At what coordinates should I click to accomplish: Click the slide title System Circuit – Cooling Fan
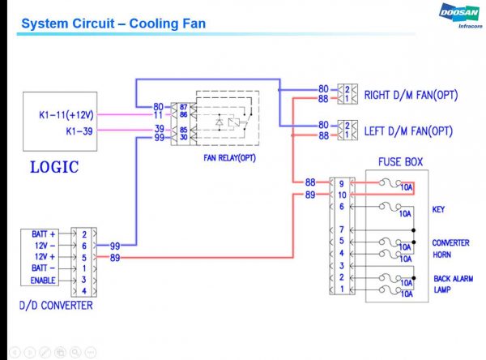pos(113,24)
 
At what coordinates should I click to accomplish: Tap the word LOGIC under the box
pos(54,168)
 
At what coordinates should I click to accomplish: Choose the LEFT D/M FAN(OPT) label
pos(408,129)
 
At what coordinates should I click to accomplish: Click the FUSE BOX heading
pos(400,162)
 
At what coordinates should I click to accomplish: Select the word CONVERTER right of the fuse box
pos(451,242)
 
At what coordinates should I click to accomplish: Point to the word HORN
pos(442,254)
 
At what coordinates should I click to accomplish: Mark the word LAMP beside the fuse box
pos(441,289)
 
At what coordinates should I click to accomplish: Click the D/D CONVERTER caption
pos(55,306)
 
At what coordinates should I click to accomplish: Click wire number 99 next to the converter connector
pos(114,245)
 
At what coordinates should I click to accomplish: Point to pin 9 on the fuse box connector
pos(343,182)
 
